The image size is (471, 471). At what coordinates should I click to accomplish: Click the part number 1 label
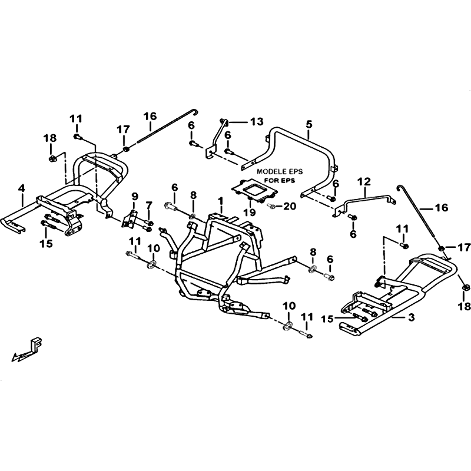(x=221, y=201)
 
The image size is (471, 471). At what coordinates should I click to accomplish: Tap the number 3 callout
(x=412, y=317)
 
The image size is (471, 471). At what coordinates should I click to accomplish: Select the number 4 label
(x=21, y=188)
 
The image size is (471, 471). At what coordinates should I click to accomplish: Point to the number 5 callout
(x=309, y=124)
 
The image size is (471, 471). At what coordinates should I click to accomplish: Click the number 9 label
(x=135, y=197)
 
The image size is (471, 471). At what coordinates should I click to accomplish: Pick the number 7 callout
(x=149, y=207)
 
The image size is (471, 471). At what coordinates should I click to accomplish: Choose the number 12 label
(x=364, y=182)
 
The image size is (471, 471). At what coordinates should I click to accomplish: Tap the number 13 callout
(x=256, y=121)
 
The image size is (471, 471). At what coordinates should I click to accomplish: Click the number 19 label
(x=250, y=212)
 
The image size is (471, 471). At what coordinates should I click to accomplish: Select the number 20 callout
(x=289, y=206)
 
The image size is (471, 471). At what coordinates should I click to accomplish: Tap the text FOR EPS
(x=280, y=181)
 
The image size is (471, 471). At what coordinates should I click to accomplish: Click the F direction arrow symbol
(x=26, y=350)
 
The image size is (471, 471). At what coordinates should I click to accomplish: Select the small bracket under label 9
(x=130, y=220)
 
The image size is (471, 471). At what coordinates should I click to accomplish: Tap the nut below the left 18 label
(x=51, y=158)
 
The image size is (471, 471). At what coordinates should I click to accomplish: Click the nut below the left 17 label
(x=126, y=148)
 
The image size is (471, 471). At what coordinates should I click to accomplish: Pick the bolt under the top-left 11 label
(x=78, y=137)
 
